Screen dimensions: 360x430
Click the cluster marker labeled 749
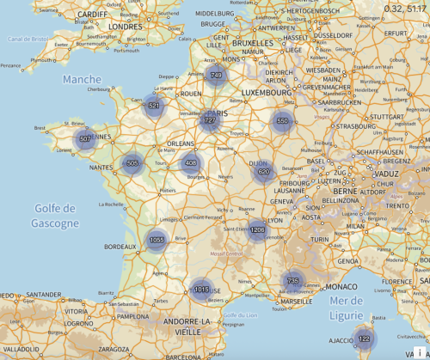tap(216, 76)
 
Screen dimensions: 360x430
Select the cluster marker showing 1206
tap(257, 229)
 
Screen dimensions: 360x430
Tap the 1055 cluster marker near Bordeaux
tap(156, 241)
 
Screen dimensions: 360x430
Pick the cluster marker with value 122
tap(364, 339)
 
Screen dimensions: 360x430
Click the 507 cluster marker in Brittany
tap(85, 138)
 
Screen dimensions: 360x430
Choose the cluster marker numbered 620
tap(264, 173)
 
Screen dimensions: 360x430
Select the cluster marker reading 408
tap(191, 162)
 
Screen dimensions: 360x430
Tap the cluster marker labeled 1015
tap(200, 290)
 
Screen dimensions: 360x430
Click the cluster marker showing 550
tap(282, 121)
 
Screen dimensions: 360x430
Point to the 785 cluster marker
tap(292, 281)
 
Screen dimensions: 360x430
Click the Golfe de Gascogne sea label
tap(58, 216)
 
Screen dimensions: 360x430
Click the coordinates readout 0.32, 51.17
tap(406, 7)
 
